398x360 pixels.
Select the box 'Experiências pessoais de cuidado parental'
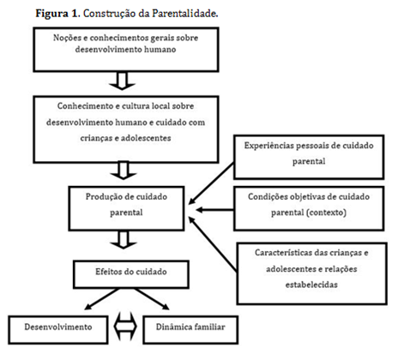[316, 152]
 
